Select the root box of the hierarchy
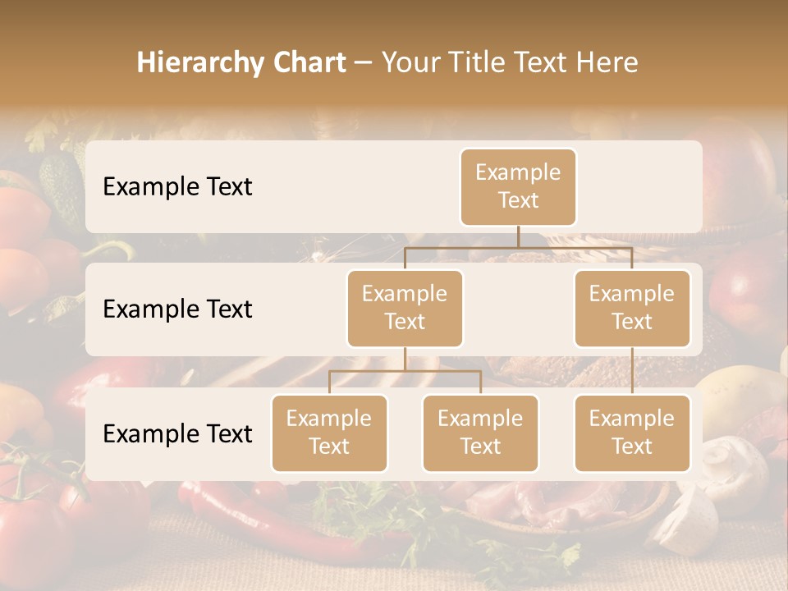tap(518, 186)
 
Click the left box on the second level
tap(405, 308)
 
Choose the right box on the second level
tap(631, 308)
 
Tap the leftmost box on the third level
tap(329, 433)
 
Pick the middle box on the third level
tap(480, 433)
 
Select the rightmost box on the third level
tap(631, 433)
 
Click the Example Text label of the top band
tap(177, 187)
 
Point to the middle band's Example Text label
tap(177, 309)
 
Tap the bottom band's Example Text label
tap(177, 434)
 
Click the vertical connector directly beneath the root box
tap(518, 236)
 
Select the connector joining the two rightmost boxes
tap(632, 371)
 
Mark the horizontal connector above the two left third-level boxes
tap(405, 371)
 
